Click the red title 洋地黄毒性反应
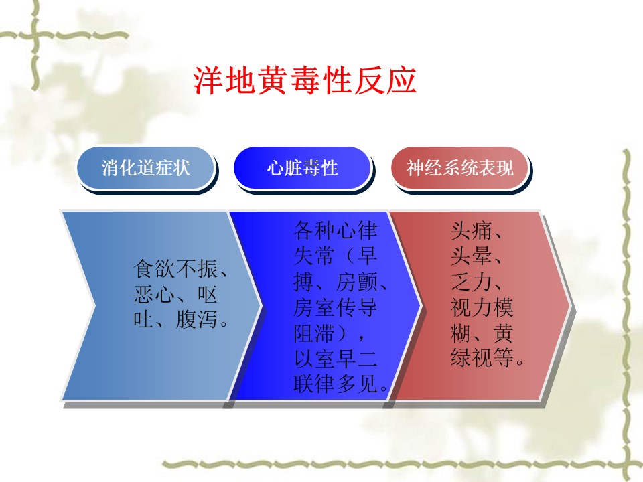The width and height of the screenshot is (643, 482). pyautogui.click(x=305, y=80)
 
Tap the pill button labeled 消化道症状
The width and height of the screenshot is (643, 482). pyautogui.click(x=145, y=167)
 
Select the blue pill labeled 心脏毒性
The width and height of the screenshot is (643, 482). pyautogui.click(x=302, y=167)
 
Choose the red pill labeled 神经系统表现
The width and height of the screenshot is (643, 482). pyautogui.click(x=459, y=167)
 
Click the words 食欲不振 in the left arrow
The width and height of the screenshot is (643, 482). pyautogui.click(x=175, y=269)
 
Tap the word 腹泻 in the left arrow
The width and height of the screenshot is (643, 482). pyautogui.click(x=197, y=319)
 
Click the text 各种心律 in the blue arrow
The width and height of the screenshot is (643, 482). pyautogui.click(x=336, y=230)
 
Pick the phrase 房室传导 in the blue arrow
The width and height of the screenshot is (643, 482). pyautogui.click(x=336, y=307)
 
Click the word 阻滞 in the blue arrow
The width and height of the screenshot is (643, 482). pyautogui.click(x=314, y=333)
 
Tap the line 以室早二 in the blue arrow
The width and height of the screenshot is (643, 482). pyautogui.click(x=336, y=359)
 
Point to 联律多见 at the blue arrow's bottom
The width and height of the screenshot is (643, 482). pyautogui.click(x=336, y=384)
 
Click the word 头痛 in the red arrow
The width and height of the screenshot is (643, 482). pyautogui.click(x=471, y=230)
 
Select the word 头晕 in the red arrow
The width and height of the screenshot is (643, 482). pyautogui.click(x=471, y=256)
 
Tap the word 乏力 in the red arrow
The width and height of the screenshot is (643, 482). pyautogui.click(x=471, y=282)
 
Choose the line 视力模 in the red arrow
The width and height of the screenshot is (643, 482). pyautogui.click(x=482, y=307)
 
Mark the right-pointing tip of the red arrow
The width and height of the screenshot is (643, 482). pyautogui.click(x=570, y=305)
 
